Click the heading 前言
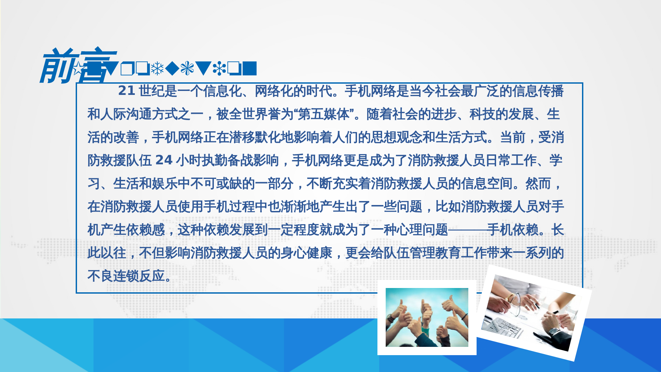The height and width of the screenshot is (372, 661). (78, 65)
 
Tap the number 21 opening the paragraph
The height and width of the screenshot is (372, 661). (126, 91)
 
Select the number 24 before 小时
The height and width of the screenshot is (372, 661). (164, 160)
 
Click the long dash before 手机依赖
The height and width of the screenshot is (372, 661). (467, 229)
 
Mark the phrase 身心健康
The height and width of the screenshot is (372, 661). (306, 253)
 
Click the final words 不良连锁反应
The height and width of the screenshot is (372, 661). (126, 276)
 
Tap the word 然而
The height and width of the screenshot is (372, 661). (538, 183)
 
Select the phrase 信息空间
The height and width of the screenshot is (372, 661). (487, 183)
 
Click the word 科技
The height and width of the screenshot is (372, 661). (482, 114)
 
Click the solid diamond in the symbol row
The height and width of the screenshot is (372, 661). (172, 68)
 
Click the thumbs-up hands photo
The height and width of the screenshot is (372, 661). (427, 317)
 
